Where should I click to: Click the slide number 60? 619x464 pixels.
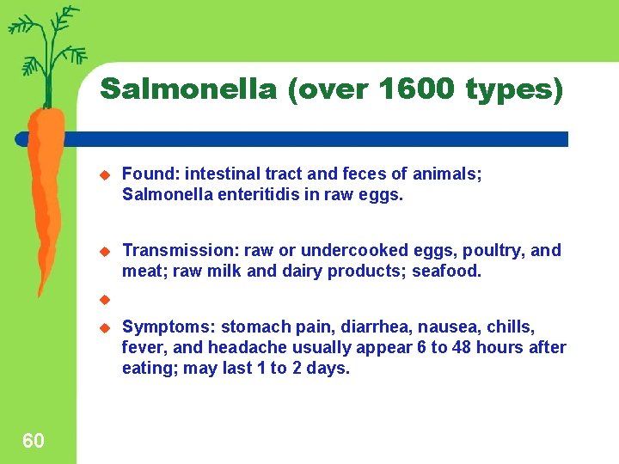(x=34, y=442)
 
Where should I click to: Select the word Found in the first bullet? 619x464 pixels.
(x=144, y=174)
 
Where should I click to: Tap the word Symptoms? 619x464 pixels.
(x=168, y=327)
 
